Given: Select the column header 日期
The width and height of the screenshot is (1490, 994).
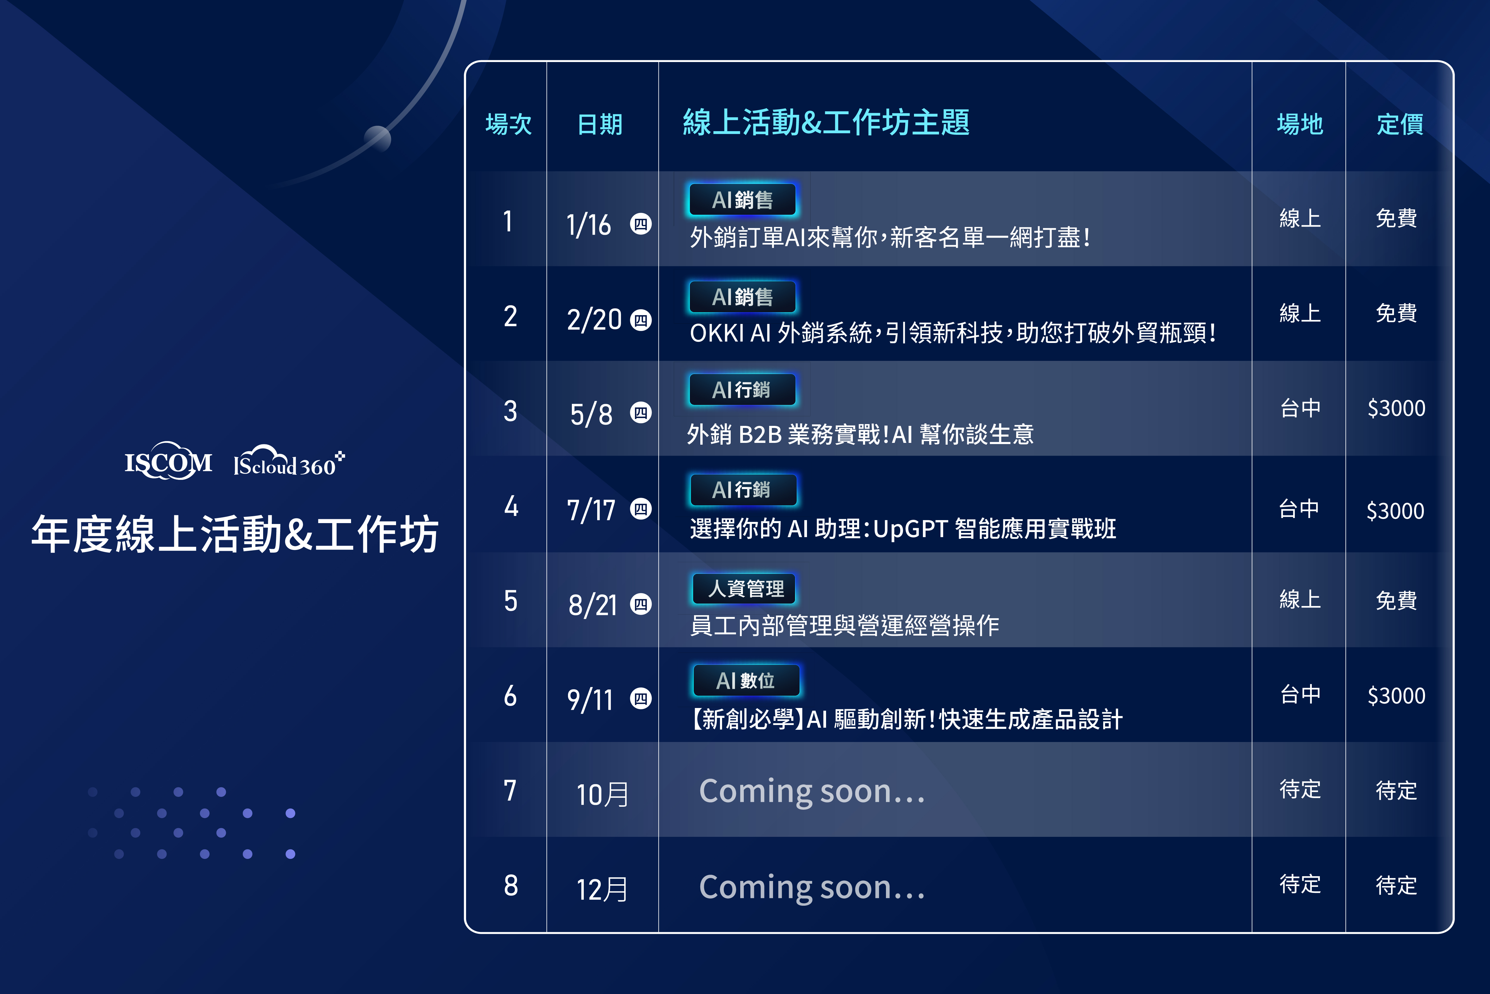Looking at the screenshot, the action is coord(600,124).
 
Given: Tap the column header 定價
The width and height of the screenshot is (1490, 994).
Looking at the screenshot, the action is coord(1400,124).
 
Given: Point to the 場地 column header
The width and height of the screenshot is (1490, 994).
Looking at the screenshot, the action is coord(1300,124).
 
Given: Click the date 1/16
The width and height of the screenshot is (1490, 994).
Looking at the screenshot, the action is coord(589,224).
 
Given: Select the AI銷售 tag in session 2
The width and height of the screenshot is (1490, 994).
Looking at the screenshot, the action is coord(742,297).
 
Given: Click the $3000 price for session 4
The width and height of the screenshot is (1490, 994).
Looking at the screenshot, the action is coord(1396,511).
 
